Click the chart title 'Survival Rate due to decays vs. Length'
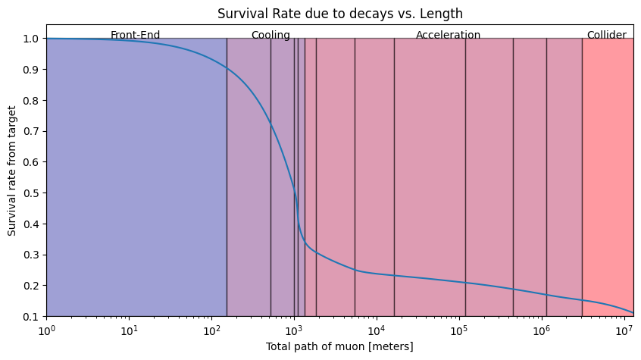339,14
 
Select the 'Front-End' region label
135,35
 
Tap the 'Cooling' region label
270,35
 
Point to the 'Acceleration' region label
448,35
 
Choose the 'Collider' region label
607,35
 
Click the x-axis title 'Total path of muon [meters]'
339,346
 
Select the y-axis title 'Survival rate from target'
11,171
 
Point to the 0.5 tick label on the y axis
30,193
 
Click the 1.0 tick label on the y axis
30,39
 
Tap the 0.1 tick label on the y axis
30,317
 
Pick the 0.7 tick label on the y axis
30,131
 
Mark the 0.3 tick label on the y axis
30,255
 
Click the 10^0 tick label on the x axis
46,330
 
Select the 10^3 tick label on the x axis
293,330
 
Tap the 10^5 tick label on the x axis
458,330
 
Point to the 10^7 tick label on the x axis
624,330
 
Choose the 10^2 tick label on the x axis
211,330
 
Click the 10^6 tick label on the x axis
541,330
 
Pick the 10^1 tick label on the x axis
129,330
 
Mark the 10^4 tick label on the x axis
376,330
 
